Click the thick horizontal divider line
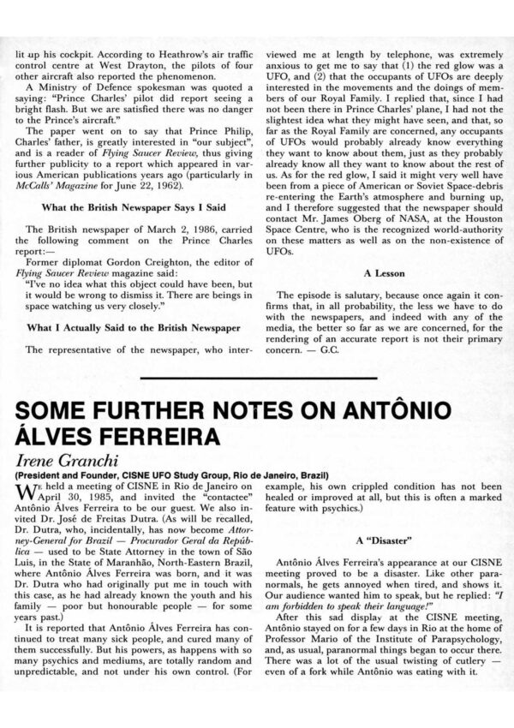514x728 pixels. [x=257, y=377]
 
